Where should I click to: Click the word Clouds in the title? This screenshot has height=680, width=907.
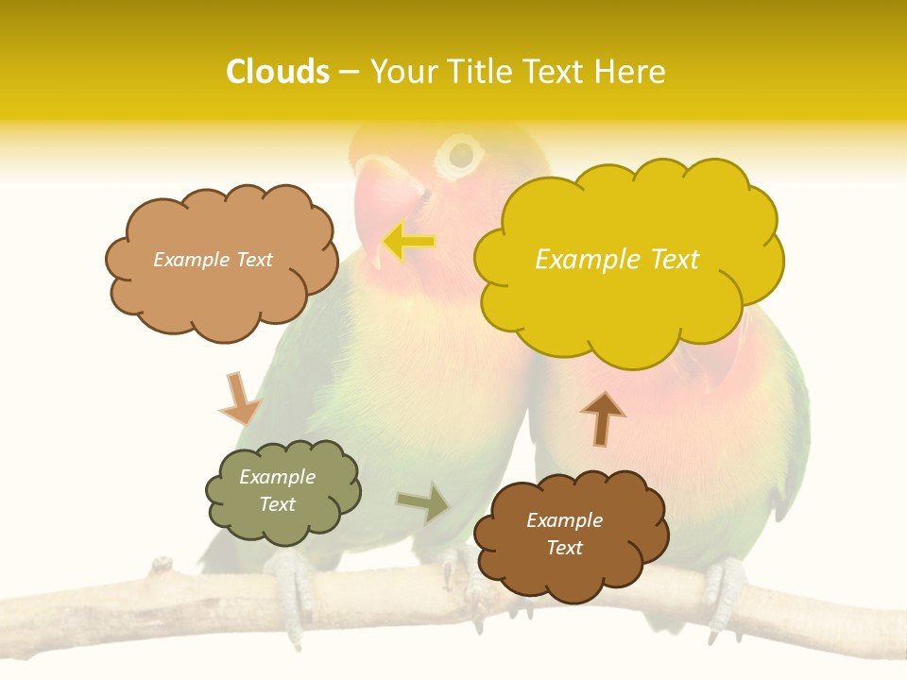(278, 72)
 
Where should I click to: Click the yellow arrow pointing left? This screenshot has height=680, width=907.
(408, 242)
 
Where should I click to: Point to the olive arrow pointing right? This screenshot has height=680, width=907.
(424, 503)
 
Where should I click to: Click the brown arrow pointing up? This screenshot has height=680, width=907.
(602, 417)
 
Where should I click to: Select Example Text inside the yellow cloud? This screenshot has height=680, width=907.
(617, 260)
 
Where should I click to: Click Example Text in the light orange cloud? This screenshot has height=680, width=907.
(213, 260)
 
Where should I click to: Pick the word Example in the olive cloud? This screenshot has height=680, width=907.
(277, 477)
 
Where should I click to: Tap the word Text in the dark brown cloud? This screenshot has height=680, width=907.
(564, 548)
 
